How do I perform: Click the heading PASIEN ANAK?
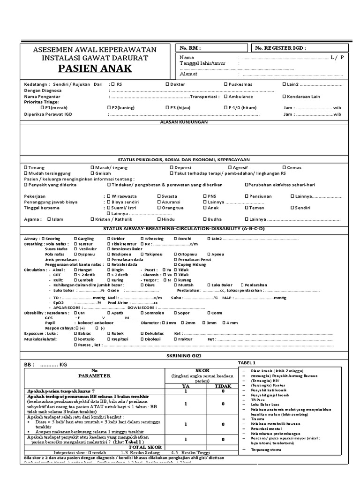(x=95, y=69)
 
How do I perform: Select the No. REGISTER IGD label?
(x=281, y=48)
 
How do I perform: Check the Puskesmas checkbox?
(x=226, y=84)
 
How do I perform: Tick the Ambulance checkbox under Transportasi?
(x=226, y=97)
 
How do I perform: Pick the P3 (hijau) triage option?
(x=167, y=108)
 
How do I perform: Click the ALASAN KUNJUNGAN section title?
(x=184, y=121)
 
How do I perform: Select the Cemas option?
(x=284, y=167)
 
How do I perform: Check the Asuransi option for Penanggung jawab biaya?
(x=159, y=202)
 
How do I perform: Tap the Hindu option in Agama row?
(x=159, y=219)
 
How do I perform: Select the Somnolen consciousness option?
(x=142, y=313)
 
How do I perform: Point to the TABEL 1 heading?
(x=247, y=363)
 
